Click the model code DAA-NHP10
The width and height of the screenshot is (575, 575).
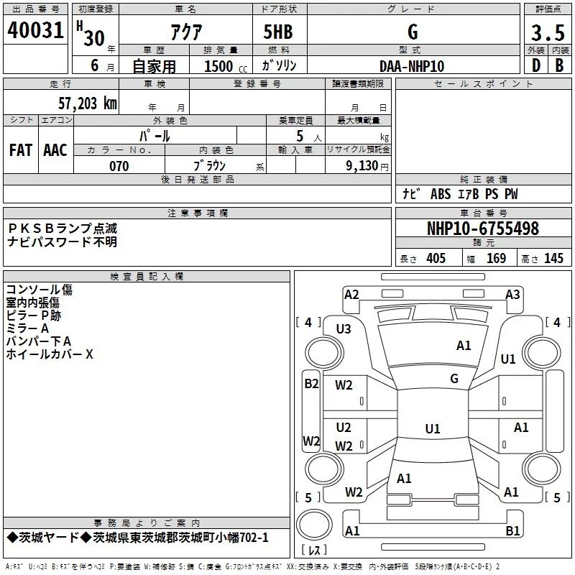coord(412,65)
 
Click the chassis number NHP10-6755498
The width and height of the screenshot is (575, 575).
coord(482,229)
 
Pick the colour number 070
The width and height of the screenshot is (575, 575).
coord(119,166)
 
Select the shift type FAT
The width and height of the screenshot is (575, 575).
coord(21,149)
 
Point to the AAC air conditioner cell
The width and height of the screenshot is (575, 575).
coord(55,149)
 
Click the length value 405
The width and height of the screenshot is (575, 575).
coord(436,259)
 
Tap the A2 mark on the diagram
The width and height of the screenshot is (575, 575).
coord(351,295)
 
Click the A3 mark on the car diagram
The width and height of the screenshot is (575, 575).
coord(512,295)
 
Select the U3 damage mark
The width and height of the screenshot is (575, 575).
coord(344,328)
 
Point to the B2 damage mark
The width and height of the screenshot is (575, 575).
coord(311,383)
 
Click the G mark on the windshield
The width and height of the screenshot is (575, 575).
coord(454,378)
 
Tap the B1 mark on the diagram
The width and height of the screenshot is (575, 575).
coord(512,531)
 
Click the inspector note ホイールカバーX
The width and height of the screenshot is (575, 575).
coord(50,354)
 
